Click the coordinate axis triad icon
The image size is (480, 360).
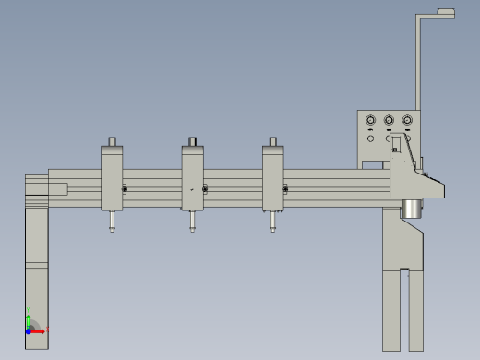pyautogui.click(x=33, y=326)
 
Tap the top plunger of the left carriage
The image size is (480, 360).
pyautogui.click(x=112, y=141)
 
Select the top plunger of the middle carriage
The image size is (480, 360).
pyautogui.click(x=193, y=141)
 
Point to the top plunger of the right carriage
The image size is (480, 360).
pyautogui.click(x=273, y=141)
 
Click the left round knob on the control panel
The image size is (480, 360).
pyautogui.click(x=371, y=120)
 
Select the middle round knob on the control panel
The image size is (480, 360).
pyautogui.click(x=389, y=120)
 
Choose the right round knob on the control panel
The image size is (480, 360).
pyautogui.click(x=406, y=120)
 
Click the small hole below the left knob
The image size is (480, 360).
pyautogui.click(x=371, y=138)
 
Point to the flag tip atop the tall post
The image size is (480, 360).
pyautogui.click(x=447, y=13)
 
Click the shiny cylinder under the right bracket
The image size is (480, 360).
pyautogui.click(x=411, y=210)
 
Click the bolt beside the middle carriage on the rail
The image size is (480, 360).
pyautogui.click(x=205, y=190)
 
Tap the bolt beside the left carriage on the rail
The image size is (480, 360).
pyautogui.click(x=125, y=190)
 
